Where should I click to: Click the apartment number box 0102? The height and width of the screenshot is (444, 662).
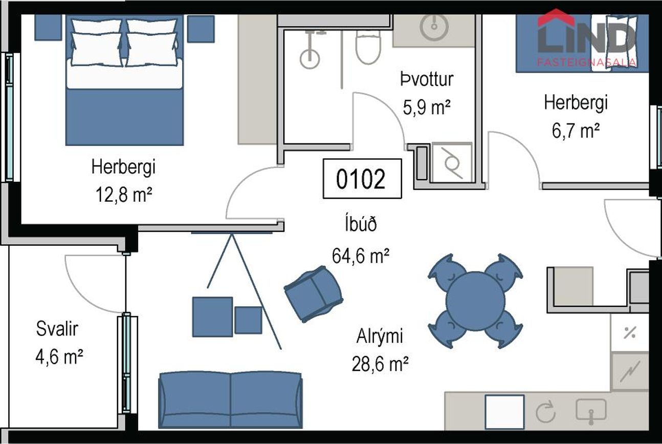362,179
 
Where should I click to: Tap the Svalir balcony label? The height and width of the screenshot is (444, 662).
57,329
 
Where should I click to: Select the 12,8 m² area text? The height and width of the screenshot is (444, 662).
123,194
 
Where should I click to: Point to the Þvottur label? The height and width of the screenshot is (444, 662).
426,79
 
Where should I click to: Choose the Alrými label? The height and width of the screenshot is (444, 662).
379,336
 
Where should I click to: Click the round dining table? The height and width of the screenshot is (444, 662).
475,301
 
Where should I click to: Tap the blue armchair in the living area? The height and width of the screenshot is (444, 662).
313,293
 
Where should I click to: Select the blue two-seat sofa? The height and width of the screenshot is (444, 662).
230,398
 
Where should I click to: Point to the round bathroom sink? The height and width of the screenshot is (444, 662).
434,26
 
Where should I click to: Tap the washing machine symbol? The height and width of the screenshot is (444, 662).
452,162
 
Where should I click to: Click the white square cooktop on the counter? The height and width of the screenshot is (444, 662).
504,412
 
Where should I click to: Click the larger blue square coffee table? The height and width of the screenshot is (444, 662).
212,316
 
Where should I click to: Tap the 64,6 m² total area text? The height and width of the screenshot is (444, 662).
361,255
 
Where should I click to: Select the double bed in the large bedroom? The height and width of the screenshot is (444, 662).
124,79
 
